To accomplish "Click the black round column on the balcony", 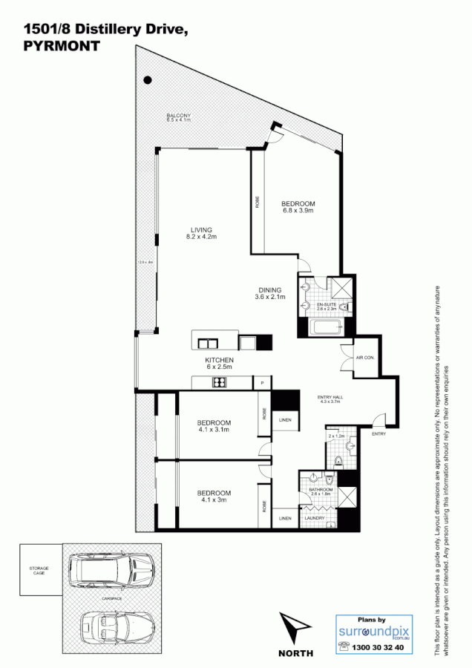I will tap(148, 79).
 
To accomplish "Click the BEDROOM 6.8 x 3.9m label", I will tap(298, 207).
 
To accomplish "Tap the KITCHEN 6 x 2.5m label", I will tap(219, 363).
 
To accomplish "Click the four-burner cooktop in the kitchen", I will tap(220, 382).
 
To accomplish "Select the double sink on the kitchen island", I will tap(207, 343).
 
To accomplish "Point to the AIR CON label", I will tap(365, 357).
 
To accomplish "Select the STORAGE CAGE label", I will tap(39, 570).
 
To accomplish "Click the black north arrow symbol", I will tap(293, 626).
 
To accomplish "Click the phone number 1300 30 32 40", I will tap(378, 647).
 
